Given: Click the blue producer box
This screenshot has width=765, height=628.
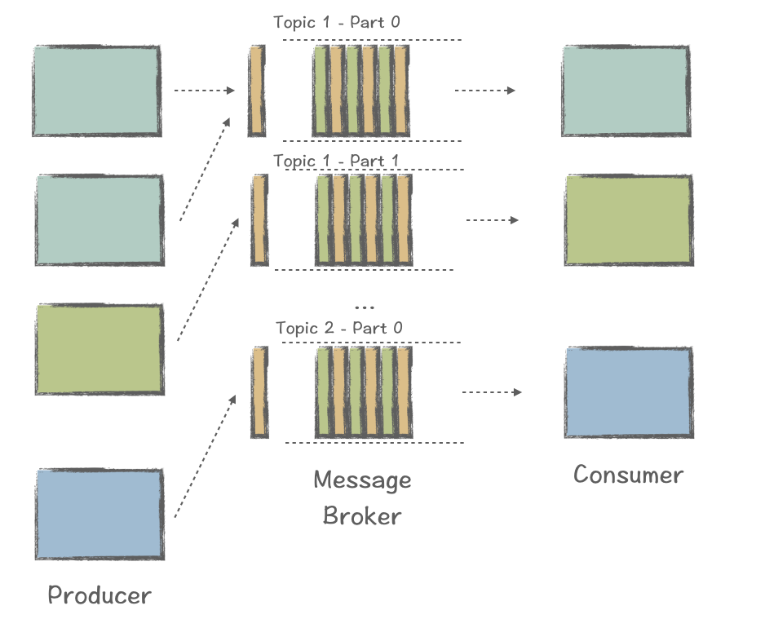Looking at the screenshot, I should tap(99, 514).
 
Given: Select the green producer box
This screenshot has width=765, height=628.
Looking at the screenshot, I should tap(99, 349).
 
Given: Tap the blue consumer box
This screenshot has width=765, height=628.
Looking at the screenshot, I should tap(629, 392).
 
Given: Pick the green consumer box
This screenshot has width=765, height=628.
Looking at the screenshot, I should tap(629, 220).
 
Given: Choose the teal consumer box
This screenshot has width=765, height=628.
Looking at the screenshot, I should tap(626, 91).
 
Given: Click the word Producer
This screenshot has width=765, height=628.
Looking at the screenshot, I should tap(99, 595).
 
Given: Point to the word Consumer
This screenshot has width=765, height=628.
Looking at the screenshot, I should tap(628, 475).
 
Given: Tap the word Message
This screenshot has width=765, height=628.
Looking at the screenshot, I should tap(362, 480).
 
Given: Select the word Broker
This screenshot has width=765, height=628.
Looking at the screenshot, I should tap(362, 515).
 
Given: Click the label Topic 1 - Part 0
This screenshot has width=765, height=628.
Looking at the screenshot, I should tap(337, 22).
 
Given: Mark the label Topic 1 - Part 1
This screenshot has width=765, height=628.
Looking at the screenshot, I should tap(336, 161).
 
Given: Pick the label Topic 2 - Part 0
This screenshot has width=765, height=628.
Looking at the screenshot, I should tap(339, 328).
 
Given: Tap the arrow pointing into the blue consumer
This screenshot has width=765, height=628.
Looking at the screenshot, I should tap(491, 392).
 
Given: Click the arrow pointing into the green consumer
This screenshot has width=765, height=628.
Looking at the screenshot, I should tap(492, 220).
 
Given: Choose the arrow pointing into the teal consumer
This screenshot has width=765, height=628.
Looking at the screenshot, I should tap(484, 90).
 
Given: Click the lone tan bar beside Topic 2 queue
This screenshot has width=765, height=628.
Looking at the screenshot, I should tap(259, 392).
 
